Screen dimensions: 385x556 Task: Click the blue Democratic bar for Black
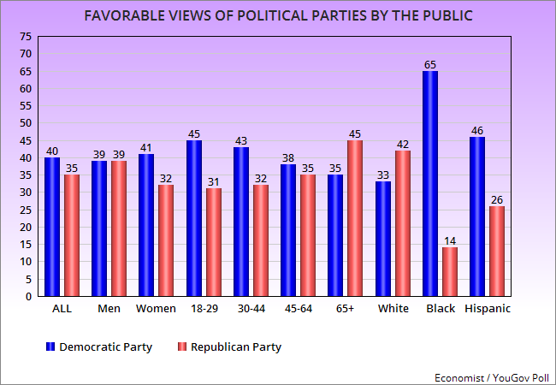430,184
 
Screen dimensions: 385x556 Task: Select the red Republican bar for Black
450,272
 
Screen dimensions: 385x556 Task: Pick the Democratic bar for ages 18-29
194,218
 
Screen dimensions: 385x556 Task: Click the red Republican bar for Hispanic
497,252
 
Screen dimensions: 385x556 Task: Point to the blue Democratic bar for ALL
53,227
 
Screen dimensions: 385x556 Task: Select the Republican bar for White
403,223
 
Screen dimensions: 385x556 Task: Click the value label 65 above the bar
430,64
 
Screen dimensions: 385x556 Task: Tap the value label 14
450,241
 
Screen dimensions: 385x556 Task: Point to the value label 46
477,130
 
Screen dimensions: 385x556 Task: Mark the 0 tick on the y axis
29,296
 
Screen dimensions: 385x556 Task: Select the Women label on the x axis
156,309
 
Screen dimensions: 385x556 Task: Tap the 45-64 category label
298,309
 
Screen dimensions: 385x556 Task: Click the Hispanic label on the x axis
487,309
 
